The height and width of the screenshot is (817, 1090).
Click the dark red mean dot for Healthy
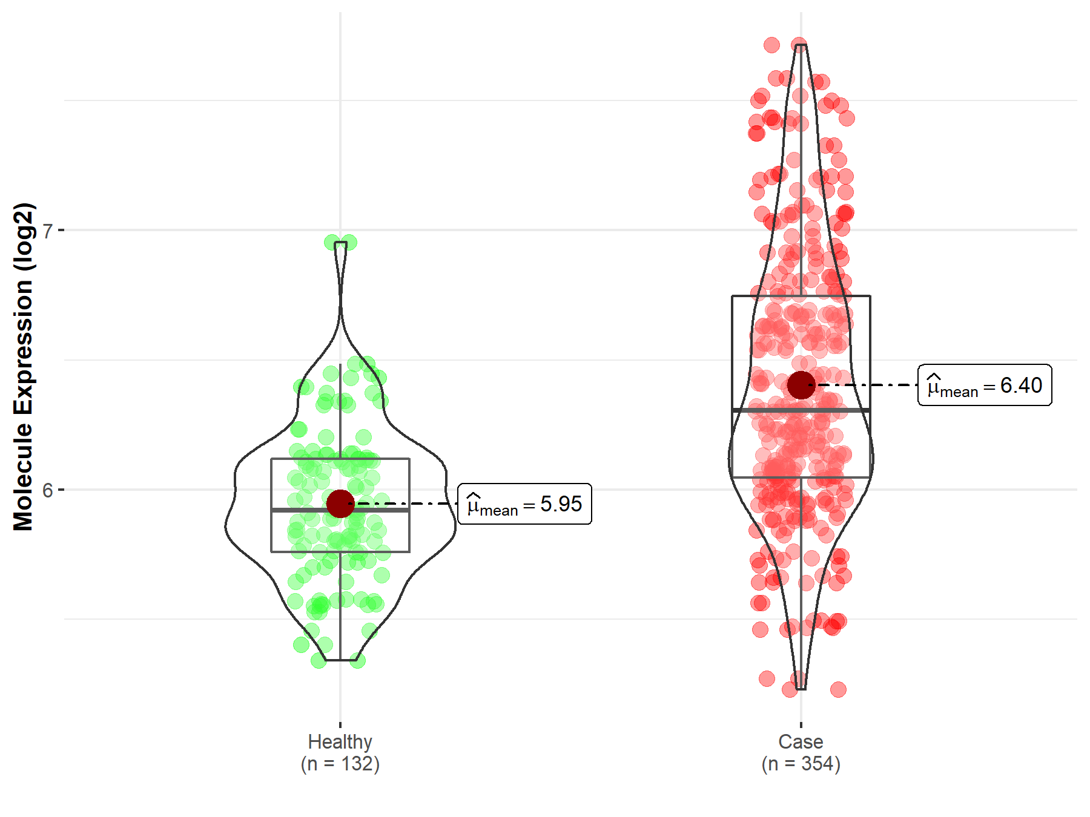pos(340,504)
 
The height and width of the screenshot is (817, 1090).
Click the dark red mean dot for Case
pos(801,385)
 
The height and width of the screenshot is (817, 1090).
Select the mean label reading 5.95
pos(524,504)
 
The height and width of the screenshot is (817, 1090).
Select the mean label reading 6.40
pos(985,386)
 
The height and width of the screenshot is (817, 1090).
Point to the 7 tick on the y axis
pos(48,231)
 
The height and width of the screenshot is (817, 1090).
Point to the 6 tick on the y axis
pos(48,490)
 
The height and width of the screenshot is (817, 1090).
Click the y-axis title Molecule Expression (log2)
pos(23,367)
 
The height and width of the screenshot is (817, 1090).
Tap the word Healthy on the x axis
pos(340,742)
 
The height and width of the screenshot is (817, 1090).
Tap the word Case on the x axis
pos(801,742)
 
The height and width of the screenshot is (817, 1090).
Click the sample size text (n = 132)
pos(340,764)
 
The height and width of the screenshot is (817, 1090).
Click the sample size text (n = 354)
pos(801,764)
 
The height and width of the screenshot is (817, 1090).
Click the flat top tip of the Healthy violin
pos(340,243)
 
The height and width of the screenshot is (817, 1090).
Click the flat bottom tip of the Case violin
pos(801,689)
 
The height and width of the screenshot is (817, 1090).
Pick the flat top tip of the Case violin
pos(801,45)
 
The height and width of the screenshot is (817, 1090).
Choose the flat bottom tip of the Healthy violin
pos(340,660)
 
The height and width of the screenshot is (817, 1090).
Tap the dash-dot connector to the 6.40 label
pos(866,385)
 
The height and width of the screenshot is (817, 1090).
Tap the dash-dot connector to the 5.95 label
pos(406,504)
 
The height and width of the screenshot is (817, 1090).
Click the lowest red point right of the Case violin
pos(838,689)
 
